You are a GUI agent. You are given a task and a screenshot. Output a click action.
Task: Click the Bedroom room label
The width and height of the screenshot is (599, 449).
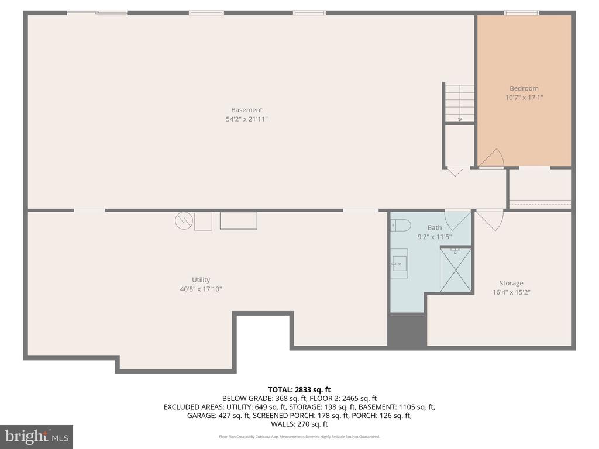524,89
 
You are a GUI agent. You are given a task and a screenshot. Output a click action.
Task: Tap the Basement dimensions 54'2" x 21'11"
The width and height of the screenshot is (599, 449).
246,119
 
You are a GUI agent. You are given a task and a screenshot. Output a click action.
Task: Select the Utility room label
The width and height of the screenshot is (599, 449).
201,279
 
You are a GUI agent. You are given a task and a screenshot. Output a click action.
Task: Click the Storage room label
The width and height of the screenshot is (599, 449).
511,283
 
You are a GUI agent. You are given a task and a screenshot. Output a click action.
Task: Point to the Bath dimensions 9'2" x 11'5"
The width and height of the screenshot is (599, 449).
434,237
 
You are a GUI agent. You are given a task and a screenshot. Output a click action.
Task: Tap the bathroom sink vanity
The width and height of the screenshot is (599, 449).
400,264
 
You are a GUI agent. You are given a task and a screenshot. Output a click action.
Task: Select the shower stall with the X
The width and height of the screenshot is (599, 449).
455,270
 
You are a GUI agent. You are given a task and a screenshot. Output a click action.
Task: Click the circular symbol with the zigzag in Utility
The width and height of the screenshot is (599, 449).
183,221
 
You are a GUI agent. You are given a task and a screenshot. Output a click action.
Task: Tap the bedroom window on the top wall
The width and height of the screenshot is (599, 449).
521,12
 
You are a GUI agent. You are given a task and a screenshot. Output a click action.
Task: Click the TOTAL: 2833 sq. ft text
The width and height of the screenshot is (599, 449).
299,389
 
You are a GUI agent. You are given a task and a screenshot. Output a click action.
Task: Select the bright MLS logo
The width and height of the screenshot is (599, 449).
36,436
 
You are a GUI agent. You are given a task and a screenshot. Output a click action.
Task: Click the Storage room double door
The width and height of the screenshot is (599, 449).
489,219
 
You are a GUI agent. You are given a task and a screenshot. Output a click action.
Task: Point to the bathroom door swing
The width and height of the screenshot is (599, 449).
457,219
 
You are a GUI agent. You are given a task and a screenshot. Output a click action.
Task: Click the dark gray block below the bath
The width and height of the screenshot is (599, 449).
407,331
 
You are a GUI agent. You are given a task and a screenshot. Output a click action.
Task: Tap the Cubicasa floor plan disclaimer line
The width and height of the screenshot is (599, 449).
299,437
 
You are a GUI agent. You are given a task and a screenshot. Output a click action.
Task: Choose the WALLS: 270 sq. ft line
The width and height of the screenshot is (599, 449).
299,424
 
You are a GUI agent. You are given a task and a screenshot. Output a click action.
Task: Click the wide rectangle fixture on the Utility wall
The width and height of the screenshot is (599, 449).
238,221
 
